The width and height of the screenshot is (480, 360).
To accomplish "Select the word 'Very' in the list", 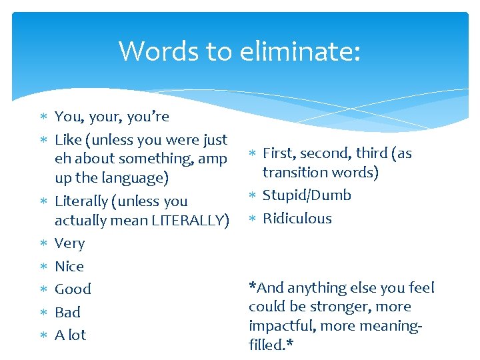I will [69, 243].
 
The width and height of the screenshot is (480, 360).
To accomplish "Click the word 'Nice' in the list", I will [69, 266].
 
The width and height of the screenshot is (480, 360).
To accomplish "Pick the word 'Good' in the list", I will [73, 289].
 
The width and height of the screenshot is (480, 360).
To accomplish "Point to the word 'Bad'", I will [67, 312].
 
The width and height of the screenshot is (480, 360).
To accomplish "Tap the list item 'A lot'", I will [71, 335].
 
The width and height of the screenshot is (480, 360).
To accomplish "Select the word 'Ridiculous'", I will [297, 218].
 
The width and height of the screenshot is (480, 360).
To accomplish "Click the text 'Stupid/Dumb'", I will [307, 195].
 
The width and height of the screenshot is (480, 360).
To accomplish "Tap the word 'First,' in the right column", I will [279, 153].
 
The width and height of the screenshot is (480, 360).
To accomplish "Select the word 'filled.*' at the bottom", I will [271, 345].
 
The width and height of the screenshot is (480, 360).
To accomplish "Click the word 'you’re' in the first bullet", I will [149, 117].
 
